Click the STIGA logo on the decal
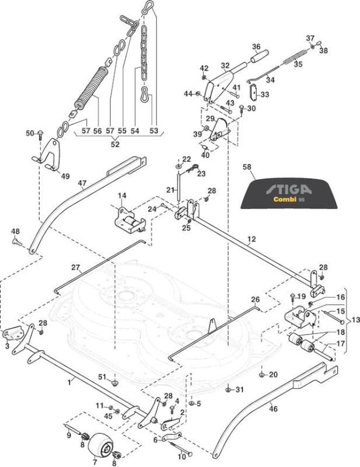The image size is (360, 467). pos(289,189)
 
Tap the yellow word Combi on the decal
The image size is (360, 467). pos(285,199)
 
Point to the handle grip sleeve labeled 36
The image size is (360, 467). pos(259,57)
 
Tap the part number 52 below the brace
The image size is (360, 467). pos(115,144)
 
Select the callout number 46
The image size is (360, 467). pos(273,409)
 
